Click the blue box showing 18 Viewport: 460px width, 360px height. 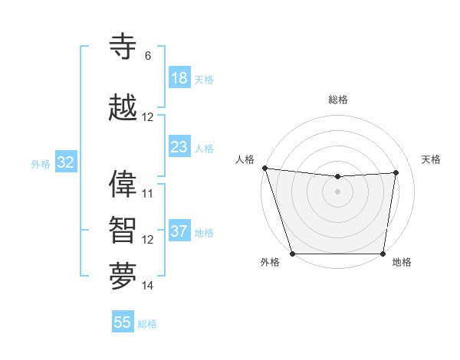(x=179, y=78)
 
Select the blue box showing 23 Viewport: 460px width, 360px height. (x=179, y=147)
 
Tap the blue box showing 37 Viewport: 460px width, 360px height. (x=179, y=231)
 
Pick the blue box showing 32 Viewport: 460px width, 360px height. (x=66, y=162)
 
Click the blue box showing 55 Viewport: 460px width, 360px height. (x=123, y=322)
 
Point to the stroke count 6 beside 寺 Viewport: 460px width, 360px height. (x=147, y=56)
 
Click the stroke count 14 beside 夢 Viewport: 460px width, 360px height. (x=147, y=285)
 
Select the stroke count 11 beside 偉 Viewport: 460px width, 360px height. (x=147, y=193)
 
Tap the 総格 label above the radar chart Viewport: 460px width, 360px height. (x=337, y=100)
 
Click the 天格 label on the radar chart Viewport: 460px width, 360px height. (x=431, y=159)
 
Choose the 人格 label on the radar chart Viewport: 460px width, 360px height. (x=245, y=159)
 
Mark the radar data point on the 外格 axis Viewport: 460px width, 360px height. (x=292, y=253)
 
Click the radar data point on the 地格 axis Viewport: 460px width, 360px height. (x=383, y=253)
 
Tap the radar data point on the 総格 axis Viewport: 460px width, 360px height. (x=337, y=177)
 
